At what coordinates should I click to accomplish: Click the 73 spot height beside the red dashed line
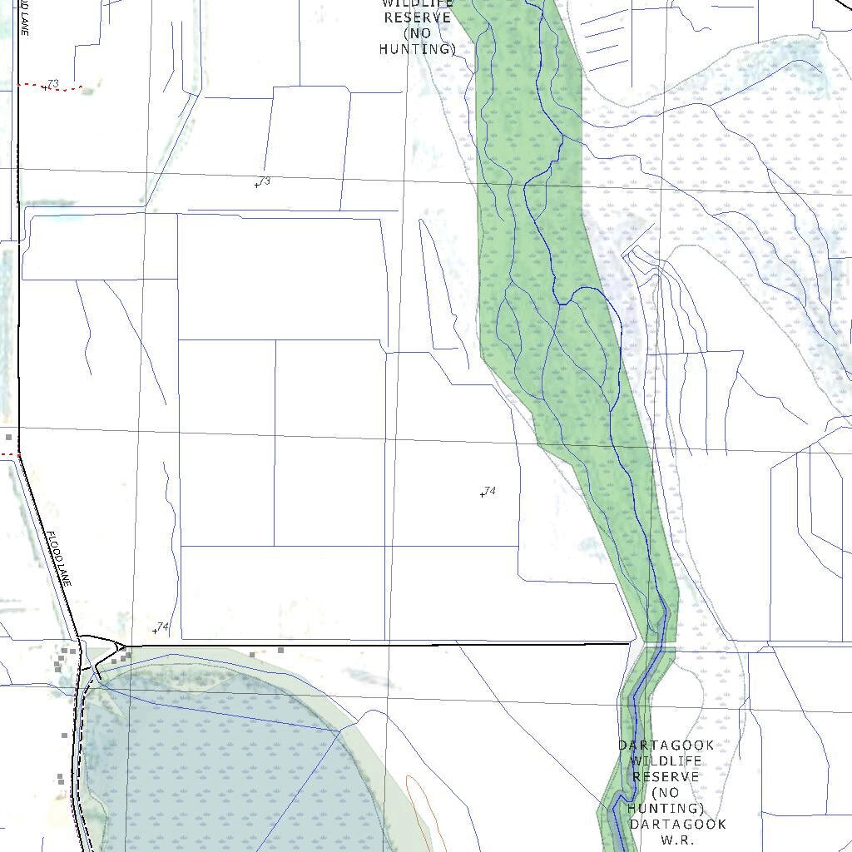coord(52,85)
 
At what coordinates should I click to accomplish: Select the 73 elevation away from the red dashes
coord(263,181)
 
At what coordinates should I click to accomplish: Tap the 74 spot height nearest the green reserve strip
coord(488,492)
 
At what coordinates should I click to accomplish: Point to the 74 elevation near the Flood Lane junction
coord(161,627)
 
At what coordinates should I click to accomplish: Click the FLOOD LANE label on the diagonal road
coord(59,558)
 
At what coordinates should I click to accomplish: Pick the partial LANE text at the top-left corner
coord(24,17)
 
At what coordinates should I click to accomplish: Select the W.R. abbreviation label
coord(677,840)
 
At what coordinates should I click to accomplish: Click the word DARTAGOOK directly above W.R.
coord(677,825)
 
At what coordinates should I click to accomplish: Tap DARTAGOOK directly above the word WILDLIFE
coord(666,745)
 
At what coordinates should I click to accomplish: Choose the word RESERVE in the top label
coord(418,18)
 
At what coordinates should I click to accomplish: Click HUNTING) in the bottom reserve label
coord(666,809)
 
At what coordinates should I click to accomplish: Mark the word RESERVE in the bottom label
coord(666,777)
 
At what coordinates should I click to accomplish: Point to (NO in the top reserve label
coord(418,34)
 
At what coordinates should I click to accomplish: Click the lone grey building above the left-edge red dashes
coord(9,437)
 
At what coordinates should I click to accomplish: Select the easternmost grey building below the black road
coord(281,650)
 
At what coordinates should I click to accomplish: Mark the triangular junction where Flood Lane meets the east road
coord(121,646)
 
